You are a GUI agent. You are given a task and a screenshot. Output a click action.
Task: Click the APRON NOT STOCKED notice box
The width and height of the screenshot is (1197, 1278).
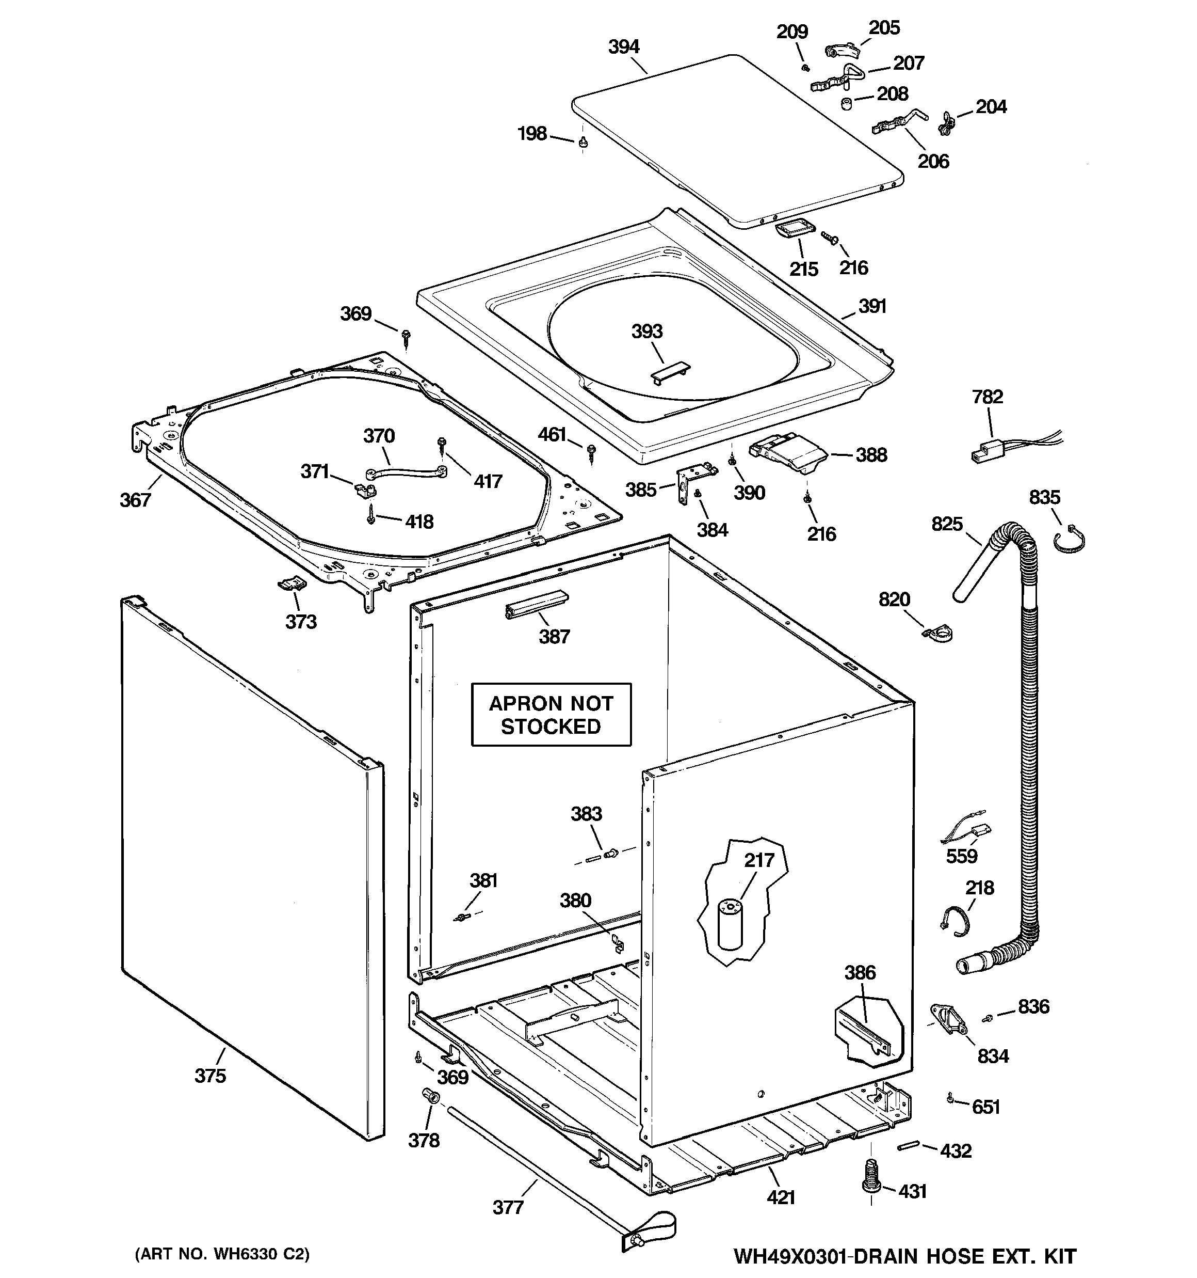point(551,714)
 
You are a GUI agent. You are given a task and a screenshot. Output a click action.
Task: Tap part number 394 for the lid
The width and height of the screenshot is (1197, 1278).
point(624,47)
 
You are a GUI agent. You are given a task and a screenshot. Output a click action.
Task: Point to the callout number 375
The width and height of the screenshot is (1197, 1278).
point(210,1076)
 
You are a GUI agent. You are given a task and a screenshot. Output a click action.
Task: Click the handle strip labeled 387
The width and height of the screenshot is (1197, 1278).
point(536,604)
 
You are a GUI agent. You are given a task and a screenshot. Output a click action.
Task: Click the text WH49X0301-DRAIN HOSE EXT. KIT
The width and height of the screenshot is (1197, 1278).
point(904,1256)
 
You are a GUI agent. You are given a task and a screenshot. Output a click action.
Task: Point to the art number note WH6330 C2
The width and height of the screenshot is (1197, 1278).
point(222,1254)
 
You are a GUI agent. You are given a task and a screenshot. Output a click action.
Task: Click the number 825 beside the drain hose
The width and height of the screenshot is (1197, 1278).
point(947,524)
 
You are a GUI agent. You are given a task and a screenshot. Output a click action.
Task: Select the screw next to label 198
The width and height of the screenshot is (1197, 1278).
point(583,142)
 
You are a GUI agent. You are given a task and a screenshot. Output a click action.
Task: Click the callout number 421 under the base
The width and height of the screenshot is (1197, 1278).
point(781,1197)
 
